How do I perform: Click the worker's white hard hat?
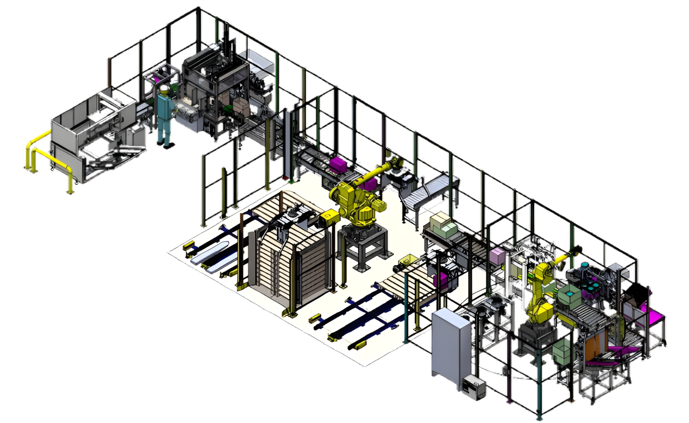pyautogui.click(x=164, y=89)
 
